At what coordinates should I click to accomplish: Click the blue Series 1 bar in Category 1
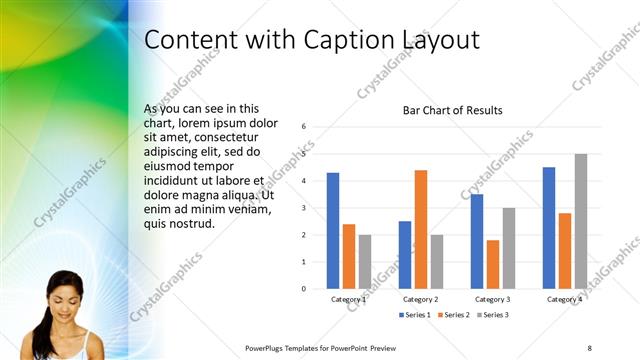[333, 231]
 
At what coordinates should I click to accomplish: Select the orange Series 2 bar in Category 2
[421, 229]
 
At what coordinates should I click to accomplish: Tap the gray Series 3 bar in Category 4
[581, 221]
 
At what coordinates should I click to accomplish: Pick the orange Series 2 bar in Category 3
[493, 264]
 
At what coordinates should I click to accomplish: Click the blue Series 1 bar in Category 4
[549, 228]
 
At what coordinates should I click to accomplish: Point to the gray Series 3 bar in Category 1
[365, 262]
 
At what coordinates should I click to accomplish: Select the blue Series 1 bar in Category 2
[405, 255]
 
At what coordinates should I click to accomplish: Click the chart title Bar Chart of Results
[452, 110]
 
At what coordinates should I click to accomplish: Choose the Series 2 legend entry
[452, 315]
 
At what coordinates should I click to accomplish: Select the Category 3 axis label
[493, 299]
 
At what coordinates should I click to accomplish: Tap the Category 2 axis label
[421, 299]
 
